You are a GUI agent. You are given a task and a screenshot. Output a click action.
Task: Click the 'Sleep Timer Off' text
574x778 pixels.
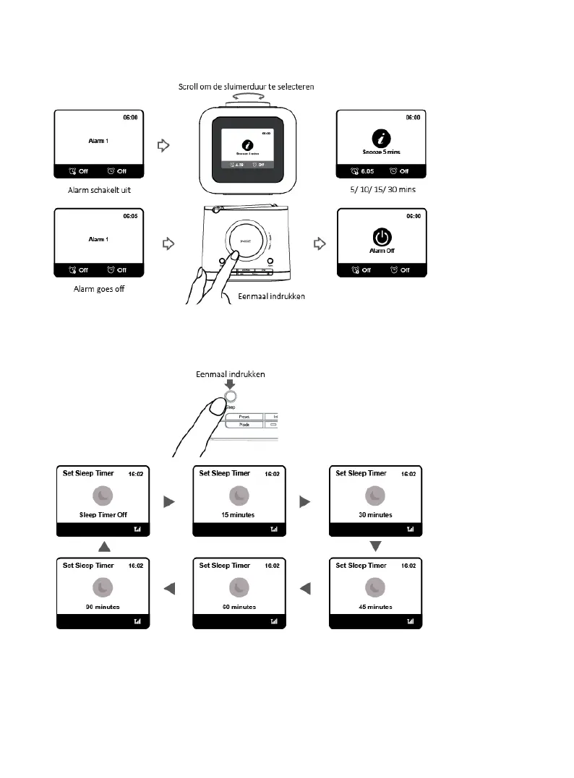[x=103, y=515]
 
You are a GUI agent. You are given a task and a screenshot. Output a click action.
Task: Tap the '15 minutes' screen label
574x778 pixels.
[x=239, y=515]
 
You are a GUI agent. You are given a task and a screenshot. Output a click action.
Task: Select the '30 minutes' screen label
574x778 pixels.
[x=374, y=515]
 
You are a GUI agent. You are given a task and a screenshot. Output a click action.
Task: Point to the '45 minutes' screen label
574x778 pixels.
[x=374, y=607]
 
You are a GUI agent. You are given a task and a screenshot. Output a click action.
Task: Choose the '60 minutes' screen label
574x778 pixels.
[x=239, y=607]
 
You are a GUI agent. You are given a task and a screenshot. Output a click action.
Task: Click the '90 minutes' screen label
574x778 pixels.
[x=103, y=607]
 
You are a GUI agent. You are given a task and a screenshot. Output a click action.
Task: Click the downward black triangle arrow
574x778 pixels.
[x=375, y=545]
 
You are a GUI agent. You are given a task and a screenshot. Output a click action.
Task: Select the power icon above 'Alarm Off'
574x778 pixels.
[x=382, y=236]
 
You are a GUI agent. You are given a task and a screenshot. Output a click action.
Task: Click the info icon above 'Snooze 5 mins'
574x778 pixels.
[x=382, y=137]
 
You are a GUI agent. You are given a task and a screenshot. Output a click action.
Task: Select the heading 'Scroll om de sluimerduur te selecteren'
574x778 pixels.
[x=247, y=87]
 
